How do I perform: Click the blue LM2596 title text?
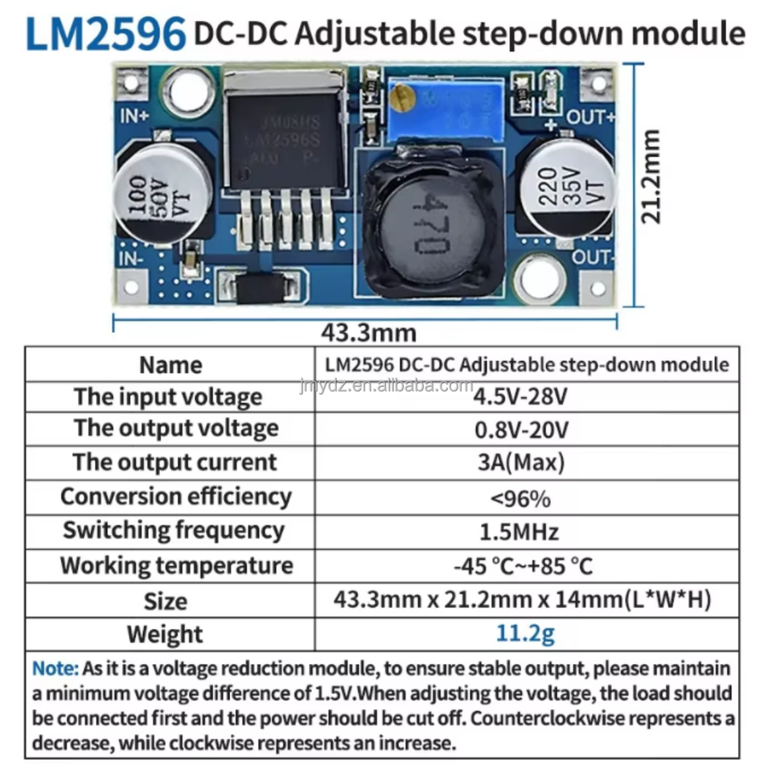point(105,34)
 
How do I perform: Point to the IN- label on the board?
point(132,260)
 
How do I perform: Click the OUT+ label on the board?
point(590,117)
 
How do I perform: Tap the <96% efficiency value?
point(521,499)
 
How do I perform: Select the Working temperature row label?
point(176,565)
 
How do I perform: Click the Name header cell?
point(170,365)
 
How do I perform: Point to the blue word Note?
point(55,668)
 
